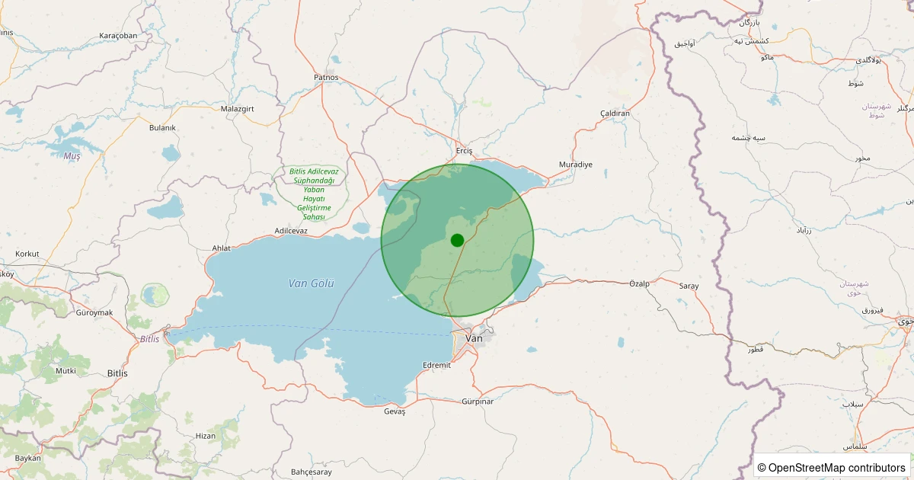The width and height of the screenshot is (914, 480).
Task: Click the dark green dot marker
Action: coord(457,240)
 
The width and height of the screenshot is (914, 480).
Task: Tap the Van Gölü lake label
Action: coord(312,283)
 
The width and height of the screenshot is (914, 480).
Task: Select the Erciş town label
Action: coord(464,151)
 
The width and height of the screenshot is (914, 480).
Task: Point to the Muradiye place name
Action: coord(575,165)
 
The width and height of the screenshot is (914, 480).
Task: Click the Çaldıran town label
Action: coord(615,114)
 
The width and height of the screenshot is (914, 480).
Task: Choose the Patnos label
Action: coord(325,78)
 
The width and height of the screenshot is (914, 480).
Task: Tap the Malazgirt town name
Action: coord(237,109)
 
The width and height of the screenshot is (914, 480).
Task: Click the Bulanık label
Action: coord(162,127)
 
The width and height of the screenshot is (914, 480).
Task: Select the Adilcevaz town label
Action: coord(291,230)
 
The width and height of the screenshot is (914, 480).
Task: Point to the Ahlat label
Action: coord(221,248)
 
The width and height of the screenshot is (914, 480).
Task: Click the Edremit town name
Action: coord(437,365)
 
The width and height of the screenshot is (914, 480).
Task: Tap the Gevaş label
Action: coord(395,411)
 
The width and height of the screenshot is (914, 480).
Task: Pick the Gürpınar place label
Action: coord(478,402)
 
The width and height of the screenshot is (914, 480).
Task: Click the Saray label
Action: coord(689,286)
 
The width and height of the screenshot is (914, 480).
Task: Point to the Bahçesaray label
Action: coord(312,472)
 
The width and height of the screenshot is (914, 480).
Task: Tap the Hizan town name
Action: coord(206,436)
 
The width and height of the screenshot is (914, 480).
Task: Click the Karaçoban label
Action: coord(118,36)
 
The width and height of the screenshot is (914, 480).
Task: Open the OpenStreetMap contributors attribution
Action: coord(832,467)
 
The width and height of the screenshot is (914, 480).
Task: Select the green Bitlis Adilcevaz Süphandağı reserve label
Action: coord(313,194)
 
